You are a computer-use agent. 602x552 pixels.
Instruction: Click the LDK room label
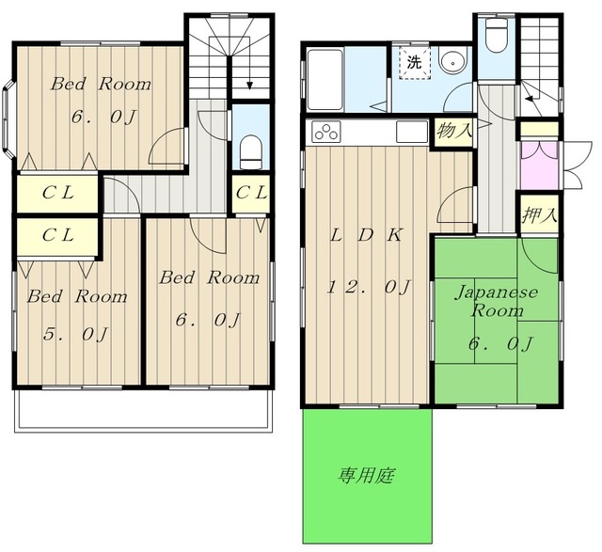tap(366, 235)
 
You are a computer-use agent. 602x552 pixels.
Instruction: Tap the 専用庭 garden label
tap(366, 476)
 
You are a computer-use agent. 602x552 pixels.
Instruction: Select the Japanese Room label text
tap(497, 301)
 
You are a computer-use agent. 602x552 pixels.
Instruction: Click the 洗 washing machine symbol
tap(414, 62)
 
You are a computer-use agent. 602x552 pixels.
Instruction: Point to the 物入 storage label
tap(454, 131)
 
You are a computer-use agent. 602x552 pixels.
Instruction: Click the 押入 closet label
tap(539, 215)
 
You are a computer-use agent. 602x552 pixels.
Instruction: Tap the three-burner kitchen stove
tap(326, 132)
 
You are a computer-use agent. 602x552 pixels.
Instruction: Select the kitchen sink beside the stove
tap(412, 132)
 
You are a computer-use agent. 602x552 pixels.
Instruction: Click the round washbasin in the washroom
tap(453, 60)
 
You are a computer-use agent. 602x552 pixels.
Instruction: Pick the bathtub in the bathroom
tap(325, 79)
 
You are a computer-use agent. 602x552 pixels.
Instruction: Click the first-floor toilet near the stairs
tap(497, 35)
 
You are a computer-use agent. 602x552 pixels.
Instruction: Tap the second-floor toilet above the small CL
tap(251, 152)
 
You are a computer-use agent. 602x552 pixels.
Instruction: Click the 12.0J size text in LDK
tap(368, 287)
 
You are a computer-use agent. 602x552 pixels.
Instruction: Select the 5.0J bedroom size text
tap(75, 334)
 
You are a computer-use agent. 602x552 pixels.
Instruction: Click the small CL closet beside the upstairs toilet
tap(251, 194)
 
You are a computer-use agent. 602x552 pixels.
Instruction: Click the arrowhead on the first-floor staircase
tap(530, 99)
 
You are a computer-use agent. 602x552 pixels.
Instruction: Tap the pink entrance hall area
tap(539, 166)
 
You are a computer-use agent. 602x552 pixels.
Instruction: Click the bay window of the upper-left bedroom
tap(8, 119)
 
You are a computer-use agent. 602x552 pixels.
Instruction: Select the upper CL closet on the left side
tap(57, 193)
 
